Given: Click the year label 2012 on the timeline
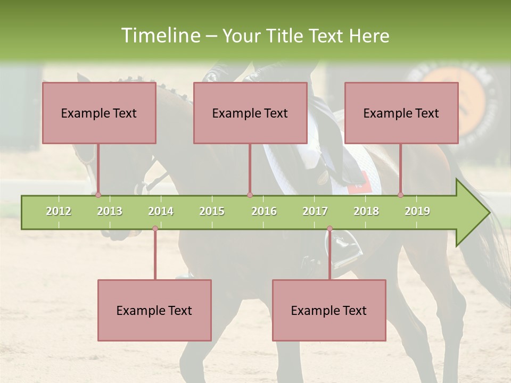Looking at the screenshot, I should [59, 211].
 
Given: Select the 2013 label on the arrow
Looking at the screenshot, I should [110, 211].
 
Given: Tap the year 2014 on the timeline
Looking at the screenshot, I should [161, 211].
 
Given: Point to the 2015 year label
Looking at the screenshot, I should [212, 211].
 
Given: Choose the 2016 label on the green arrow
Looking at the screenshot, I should [264, 211].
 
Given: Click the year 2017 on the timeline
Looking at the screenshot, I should [315, 211].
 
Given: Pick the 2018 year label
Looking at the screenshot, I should [366, 211].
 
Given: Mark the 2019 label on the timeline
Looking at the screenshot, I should [417, 211].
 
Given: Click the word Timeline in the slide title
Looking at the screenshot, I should [159, 36].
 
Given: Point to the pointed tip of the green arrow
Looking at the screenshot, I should [489, 213].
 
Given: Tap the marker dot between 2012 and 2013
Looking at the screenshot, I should [98, 195].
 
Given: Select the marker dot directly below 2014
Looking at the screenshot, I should [155, 229].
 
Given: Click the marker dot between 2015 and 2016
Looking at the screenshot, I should [250, 195].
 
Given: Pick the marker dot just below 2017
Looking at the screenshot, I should [329, 229].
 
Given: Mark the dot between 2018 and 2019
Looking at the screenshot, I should [400, 195].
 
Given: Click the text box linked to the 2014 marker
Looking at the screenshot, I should [154, 310].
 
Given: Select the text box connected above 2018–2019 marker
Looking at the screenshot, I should [401, 113].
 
